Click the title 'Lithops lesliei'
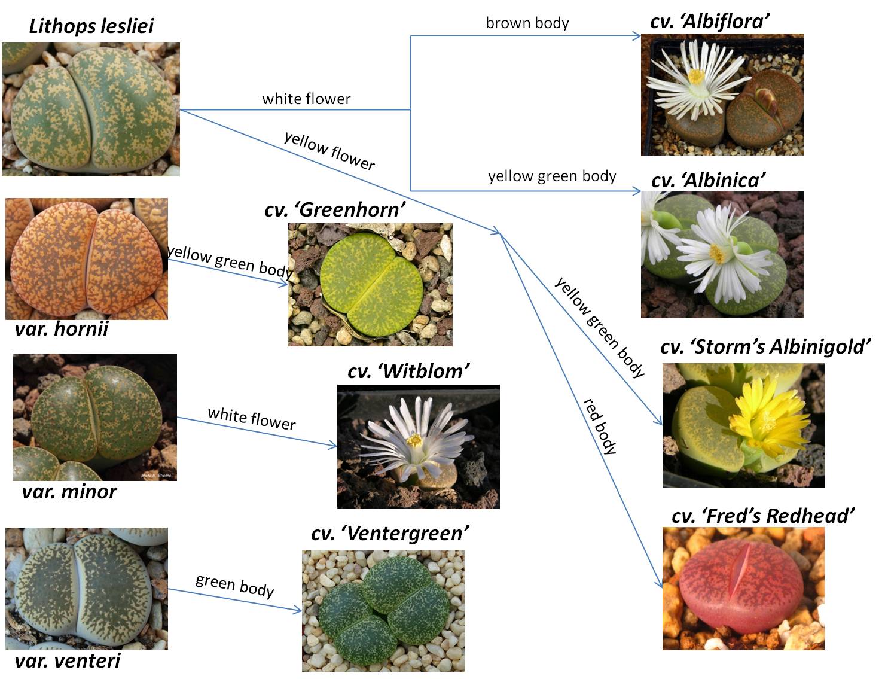91,26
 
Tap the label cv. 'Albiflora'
709,22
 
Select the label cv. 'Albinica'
708,180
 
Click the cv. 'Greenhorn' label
335,209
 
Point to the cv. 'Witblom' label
408,371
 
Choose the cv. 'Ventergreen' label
390,533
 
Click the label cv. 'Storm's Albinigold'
765,346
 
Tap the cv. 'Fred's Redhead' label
763,516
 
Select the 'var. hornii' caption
62,328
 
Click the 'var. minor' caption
69,492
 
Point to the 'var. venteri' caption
68,661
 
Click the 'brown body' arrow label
527,23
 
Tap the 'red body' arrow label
600,426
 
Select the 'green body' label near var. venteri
234,585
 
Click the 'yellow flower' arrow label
329,151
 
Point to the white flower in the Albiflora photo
696,84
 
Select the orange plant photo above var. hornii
87,259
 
